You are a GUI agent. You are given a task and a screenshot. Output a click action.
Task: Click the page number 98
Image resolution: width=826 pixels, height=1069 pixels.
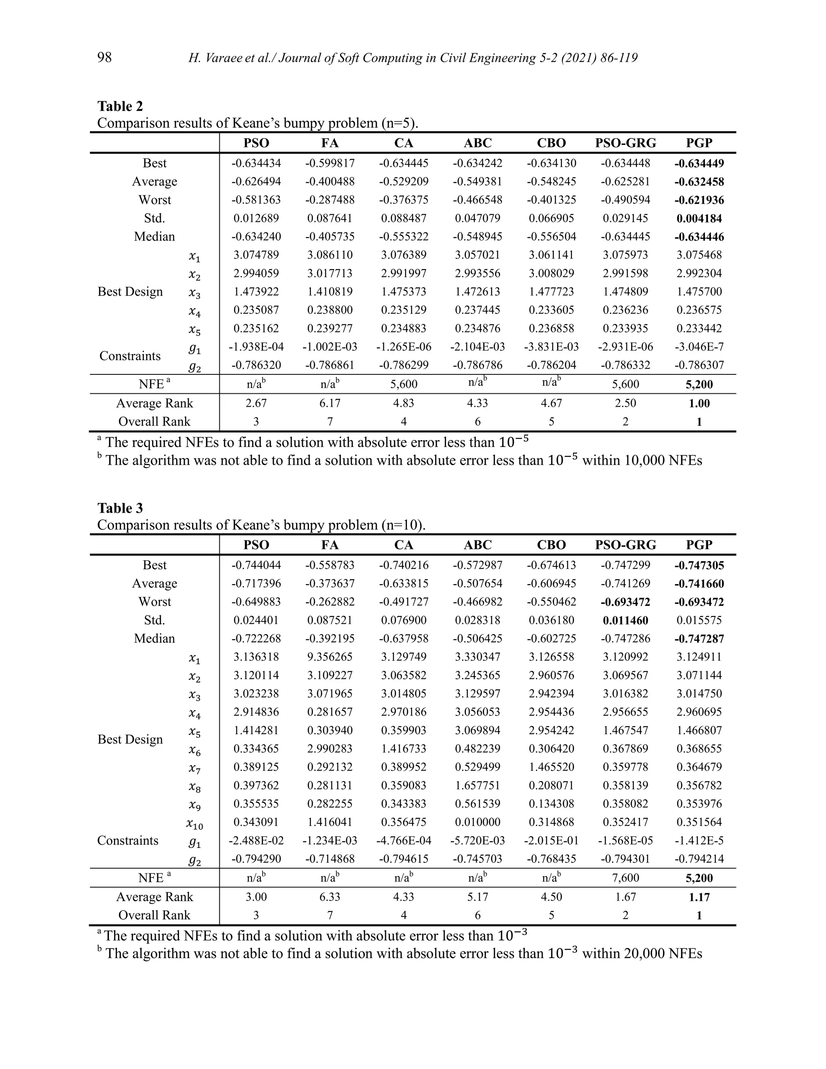(104, 58)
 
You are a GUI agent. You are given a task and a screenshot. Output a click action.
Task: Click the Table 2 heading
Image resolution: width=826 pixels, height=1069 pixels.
(120, 106)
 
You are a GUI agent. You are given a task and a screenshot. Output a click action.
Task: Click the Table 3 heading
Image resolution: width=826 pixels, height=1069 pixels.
(120, 508)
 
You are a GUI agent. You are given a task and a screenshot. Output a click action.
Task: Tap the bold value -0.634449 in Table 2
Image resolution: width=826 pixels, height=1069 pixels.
(699, 163)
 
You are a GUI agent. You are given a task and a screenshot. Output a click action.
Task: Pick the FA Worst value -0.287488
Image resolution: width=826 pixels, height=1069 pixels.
(330, 200)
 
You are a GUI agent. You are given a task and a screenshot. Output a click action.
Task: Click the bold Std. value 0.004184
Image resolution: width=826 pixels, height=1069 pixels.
(699, 218)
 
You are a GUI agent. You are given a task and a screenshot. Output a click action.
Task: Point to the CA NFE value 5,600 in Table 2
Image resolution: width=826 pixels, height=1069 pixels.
(404, 384)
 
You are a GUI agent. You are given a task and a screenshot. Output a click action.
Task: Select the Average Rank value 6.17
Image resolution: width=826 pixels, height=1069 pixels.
(330, 403)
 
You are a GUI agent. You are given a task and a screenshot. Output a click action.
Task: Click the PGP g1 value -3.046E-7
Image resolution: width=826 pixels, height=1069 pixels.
(699, 347)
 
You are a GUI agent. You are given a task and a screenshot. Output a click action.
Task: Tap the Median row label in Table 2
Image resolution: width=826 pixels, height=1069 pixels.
(154, 236)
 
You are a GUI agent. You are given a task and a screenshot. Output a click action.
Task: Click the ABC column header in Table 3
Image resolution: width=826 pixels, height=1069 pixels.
(478, 545)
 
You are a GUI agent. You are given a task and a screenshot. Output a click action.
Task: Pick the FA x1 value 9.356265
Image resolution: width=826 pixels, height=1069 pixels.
(330, 657)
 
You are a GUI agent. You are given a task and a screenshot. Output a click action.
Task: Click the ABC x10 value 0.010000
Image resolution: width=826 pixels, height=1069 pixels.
(478, 822)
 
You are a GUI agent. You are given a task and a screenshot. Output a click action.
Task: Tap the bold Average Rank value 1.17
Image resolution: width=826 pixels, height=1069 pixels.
(699, 897)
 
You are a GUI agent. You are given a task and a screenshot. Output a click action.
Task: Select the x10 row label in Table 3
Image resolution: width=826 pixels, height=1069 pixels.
(194, 824)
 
